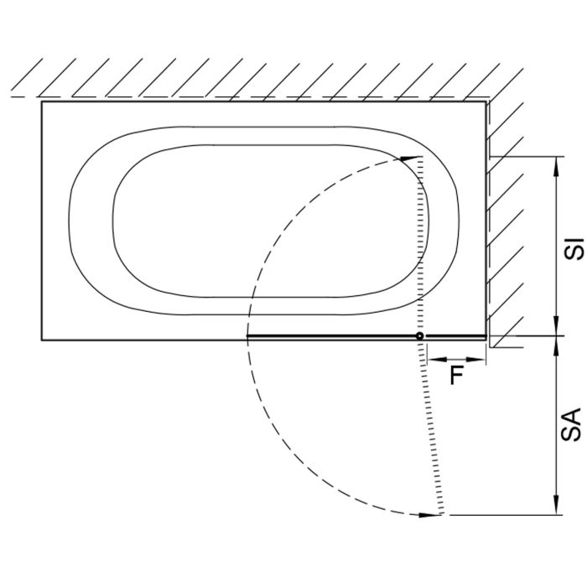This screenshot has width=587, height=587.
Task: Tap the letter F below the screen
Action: tap(457, 376)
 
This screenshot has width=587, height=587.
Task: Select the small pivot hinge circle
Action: tap(421, 336)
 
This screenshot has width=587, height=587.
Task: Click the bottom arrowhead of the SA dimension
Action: tap(557, 508)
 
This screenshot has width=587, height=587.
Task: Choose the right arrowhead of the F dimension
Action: tap(481, 360)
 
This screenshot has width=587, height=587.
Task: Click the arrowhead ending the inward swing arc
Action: tap(409, 158)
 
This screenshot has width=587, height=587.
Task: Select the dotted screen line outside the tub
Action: tap(431, 428)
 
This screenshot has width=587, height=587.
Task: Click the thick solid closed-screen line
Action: tap(335, 336)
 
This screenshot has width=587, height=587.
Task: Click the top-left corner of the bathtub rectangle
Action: tap(42, 102)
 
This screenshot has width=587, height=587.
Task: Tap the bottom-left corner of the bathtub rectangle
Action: tap(42, 340)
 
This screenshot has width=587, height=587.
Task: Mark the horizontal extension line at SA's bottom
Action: tap(503, 514)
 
